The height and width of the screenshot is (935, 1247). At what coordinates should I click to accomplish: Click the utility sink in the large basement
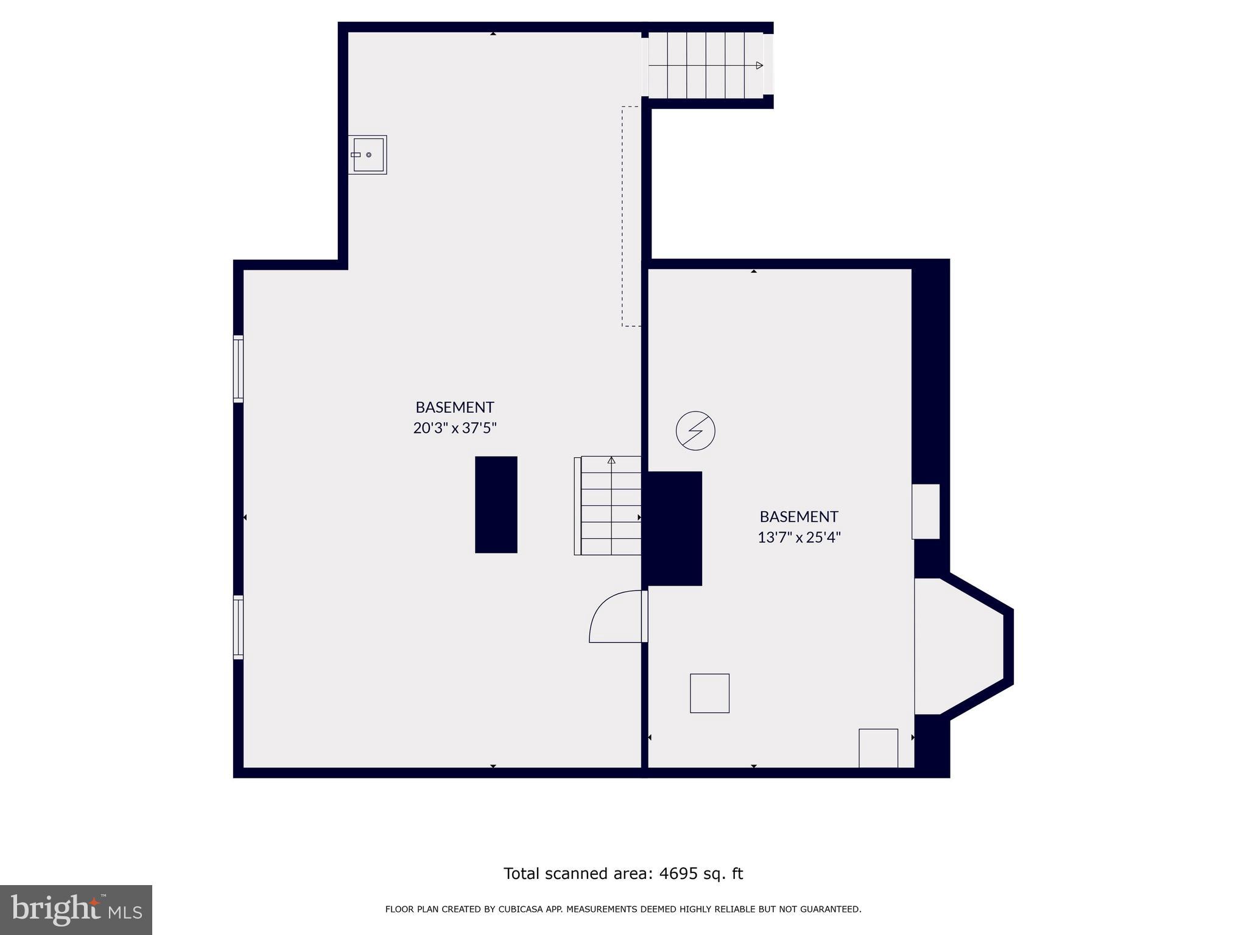pyautogui.click(x=368, y=155)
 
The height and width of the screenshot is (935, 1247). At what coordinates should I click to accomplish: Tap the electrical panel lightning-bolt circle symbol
pyautogui.click(x=695, y=431)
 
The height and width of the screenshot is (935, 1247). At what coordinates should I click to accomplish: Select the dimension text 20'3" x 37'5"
pyautogui.click(x=455, y=428)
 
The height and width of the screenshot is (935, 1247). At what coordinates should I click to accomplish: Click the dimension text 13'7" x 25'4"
pyautogui.click(x=799, y=538)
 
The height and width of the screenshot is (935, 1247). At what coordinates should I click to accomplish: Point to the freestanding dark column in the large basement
pyautogui.click(x=496, y=505)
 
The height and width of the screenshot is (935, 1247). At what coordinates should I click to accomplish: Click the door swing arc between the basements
pyautogui.click(x=612, y=616)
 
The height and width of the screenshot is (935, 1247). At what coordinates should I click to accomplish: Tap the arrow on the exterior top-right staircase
pyautogui.click(x=759, y=65)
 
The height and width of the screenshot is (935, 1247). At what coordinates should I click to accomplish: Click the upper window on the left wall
pyautogui.click(x=239, y=368)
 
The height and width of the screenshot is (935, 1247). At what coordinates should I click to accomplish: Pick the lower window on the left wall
pyautogui.click(x=239, y=627)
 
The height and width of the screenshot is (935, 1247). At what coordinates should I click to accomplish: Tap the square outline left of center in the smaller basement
pyautogui.click(x=709, y=693)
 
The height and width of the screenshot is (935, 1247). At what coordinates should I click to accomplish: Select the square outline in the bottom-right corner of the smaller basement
pyautogui.click(x=878, y=748)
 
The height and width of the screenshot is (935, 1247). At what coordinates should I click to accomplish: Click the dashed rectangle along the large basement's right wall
pyautogui.click(x=631, y=216)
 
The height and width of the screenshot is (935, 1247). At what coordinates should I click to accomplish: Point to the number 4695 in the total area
pyautogui.click(x=678, y=874)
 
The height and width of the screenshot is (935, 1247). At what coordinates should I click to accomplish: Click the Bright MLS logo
pyautogui.click(x=76, y=909)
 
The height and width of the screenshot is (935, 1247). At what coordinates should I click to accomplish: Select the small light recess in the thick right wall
pyautogui.click(x=926, y=511)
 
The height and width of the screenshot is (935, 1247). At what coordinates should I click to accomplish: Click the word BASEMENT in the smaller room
pyautogui.click(x=799, y=517)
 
